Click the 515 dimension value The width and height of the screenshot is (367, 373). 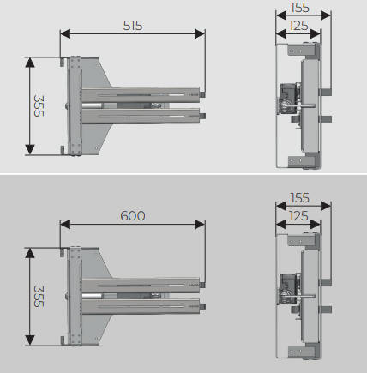click(133, 26)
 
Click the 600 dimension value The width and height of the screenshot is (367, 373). click(133, 216)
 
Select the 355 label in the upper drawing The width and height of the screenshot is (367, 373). click(39, 105)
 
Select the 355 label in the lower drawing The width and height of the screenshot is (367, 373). click(39, 296)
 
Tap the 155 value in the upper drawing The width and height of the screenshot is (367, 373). click(299, 8)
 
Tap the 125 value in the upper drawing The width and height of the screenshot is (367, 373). click(298, 26)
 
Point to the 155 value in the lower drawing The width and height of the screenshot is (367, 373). click(299, 198)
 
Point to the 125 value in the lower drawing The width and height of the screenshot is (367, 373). click(298, 216)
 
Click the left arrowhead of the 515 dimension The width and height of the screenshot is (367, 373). click(65, 33)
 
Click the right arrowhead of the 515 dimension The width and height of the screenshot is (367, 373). click(200, 33)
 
